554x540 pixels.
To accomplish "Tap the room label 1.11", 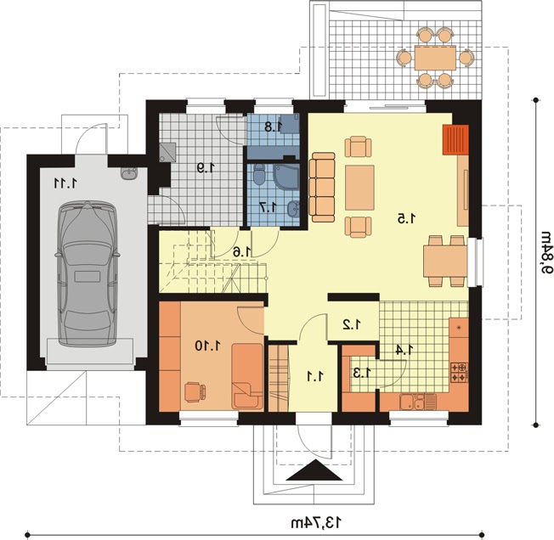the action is pos(65,183).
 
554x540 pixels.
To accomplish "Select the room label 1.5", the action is pos(406,219).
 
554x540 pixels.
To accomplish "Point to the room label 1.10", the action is pos(209,346).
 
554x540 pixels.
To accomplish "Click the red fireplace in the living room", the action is pos(455,139).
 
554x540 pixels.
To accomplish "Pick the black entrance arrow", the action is pos(314,470).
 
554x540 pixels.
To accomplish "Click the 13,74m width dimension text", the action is pos(317,522).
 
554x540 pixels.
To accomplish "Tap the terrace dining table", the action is pos(435,58).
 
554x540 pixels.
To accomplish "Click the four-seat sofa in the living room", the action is pos(322,187).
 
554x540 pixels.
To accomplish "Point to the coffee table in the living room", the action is pos(359,188).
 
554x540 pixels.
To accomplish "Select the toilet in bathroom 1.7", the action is pos(258,175).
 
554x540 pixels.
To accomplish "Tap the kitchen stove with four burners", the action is pos(459,372).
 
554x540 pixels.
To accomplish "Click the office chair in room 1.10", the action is pos(195,391).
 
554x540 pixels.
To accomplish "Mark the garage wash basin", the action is pos(129,174).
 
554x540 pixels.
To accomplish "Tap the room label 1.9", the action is pos(206,167).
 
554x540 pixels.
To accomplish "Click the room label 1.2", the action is pos(352,324).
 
